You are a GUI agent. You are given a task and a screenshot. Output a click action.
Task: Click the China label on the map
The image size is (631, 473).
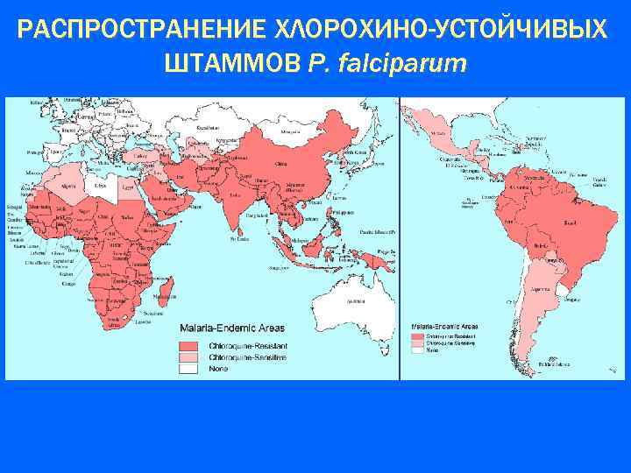pyautogui.click(x=280, y=164)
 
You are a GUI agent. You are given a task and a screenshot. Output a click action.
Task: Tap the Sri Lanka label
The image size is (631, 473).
pyautogui.click(x=237, y=236)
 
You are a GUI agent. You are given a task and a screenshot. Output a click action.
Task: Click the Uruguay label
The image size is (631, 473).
pyautogui.click(x=571, y=299)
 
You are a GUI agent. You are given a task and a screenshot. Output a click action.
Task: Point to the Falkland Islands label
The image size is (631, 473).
pyautogui.click(x=558, y=362)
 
